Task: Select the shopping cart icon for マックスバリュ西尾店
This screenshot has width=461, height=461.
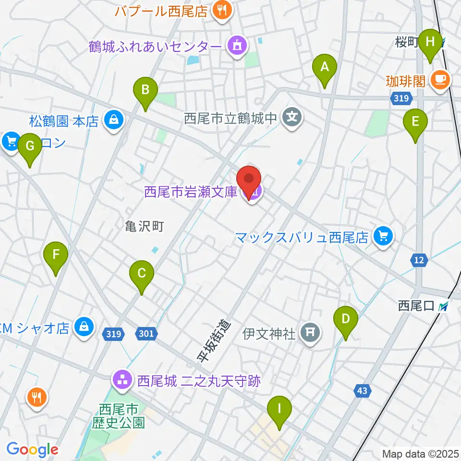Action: [x=383, y=236]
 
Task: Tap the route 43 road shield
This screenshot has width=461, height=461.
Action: [x=362, y=391]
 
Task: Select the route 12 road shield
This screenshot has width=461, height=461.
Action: [x=419, y=260]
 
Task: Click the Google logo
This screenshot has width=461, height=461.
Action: [x=32, y=449]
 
